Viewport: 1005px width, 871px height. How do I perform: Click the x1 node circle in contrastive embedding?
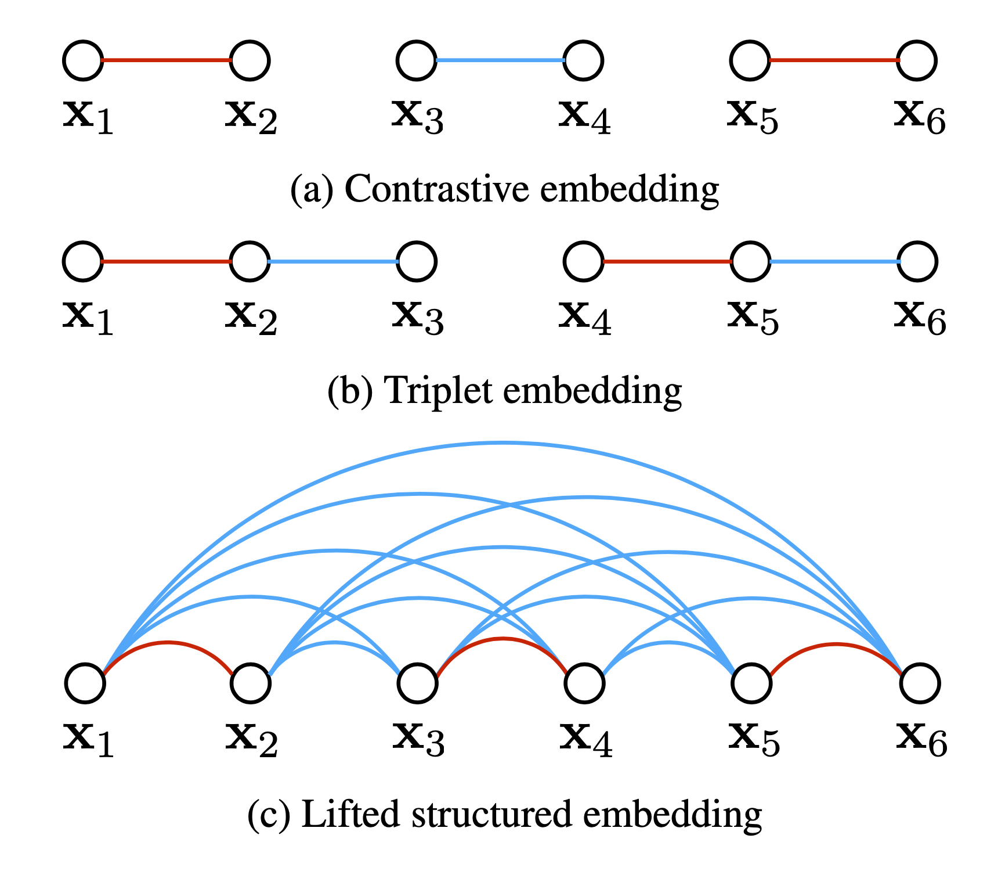point(83,60)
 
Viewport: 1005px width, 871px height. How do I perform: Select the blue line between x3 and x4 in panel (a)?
point(500,60)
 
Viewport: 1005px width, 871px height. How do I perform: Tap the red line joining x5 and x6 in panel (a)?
point(834,60)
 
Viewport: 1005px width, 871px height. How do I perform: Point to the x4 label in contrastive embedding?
point(584,117)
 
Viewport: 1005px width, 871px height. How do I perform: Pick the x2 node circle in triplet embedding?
point(250,261)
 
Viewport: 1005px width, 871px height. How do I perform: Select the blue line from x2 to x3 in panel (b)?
point(333,262)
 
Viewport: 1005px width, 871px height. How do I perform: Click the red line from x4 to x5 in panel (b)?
point(667,262)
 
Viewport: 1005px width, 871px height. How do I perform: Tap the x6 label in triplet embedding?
point(920,318)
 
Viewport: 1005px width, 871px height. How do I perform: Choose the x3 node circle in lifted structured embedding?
point(418,683)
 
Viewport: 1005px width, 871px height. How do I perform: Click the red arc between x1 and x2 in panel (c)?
point(168,643)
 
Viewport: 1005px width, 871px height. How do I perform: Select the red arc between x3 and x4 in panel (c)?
point(502,639)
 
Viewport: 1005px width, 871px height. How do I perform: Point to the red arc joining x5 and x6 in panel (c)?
point(836,645)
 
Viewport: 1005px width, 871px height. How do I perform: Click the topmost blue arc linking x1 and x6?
point(502,444)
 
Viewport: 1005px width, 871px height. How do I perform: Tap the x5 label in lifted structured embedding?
point(753,738)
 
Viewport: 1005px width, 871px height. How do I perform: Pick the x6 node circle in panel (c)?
point(920,683)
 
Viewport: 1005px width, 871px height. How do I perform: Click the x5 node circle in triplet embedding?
point(751,261)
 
